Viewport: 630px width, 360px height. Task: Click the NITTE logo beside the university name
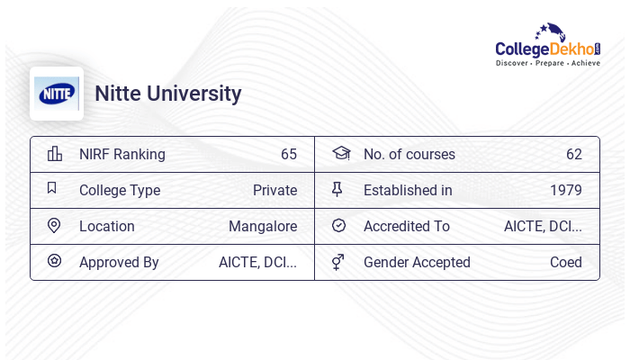pos(57,94)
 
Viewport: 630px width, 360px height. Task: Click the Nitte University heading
pos(168,94)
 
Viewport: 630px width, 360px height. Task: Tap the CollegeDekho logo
pos(548,46)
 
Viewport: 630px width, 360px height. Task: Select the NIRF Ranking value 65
pos(288,154)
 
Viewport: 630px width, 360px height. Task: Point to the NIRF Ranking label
pos(122,154)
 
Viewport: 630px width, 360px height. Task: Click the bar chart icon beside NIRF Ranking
pos(55,154)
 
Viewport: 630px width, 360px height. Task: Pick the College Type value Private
pos(274,190)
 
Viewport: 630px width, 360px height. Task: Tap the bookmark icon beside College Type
pos(52,188)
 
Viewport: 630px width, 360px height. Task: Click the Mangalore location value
pos(263,226)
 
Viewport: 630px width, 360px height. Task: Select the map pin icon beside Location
pos(54,225)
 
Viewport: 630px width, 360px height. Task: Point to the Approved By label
pos(119,262)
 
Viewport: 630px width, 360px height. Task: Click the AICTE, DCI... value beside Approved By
pos(257,262)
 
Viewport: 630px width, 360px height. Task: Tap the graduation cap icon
pos(340,153)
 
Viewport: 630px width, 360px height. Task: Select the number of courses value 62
pos(573,154)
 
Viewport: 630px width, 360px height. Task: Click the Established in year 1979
pos(565,190)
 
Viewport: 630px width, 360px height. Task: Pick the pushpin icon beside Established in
pos(337,189)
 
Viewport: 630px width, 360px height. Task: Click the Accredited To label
pos(406,226)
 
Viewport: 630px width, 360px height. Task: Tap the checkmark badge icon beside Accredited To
pos(338,225)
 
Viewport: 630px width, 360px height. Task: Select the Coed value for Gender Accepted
pos(565,262)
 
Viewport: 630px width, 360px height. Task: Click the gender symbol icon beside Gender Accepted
pos(338,262)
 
